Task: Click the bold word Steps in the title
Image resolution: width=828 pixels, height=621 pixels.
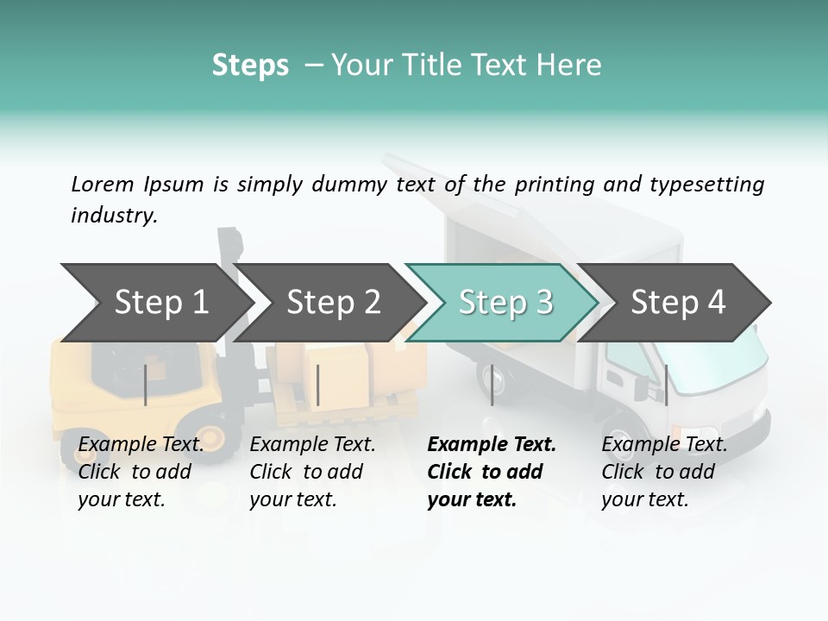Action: point(250,66)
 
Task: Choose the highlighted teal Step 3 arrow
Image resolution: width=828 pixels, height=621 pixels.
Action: point(505,302)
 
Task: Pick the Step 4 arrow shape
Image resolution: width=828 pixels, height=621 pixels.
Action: point(678,302)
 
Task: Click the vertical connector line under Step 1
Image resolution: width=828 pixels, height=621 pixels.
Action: point(145,385)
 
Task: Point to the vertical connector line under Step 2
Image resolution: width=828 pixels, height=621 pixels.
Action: point(318,385)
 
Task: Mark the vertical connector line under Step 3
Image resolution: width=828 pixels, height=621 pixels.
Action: point(492,385)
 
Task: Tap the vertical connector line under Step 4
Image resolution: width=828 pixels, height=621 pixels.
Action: point(666,385)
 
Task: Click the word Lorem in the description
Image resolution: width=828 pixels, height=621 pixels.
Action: point(102,184)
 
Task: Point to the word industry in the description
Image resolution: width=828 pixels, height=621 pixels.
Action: point(112,216)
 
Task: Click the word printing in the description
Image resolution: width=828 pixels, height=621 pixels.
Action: point(549,185)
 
